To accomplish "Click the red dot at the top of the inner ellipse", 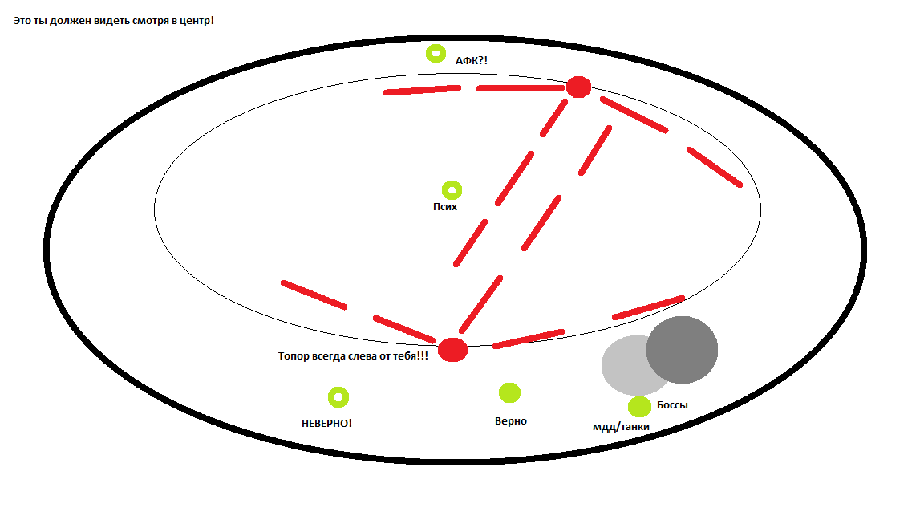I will pos(578,87).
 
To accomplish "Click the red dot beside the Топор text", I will pos(452,350).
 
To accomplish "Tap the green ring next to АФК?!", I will pos(436,54).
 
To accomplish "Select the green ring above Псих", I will pos(452,190).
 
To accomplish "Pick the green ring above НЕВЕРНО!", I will pos(338,396).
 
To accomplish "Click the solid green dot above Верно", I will pos(509,392).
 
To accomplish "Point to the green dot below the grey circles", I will pos(639,407).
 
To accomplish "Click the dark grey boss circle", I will pos(683,349).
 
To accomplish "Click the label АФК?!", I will pos(472,60).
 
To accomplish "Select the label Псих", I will pos(445,206).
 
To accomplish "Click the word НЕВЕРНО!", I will pos(326,422).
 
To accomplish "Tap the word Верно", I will pos(511,420).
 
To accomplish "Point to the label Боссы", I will pos(672,405).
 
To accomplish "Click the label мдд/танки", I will pos(621,426).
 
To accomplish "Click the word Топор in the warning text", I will pos(294,355).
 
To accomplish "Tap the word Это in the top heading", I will pos(22,20).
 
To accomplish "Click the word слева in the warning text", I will pos(359,355).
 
